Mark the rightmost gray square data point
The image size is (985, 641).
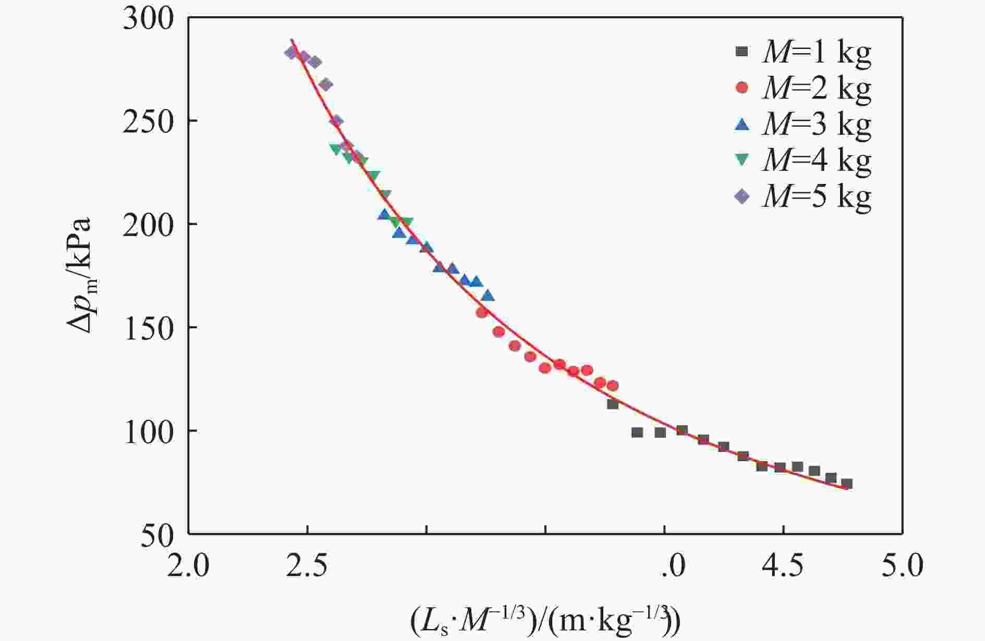847,484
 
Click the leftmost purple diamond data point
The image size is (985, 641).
291,53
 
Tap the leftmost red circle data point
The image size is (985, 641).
482,313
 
